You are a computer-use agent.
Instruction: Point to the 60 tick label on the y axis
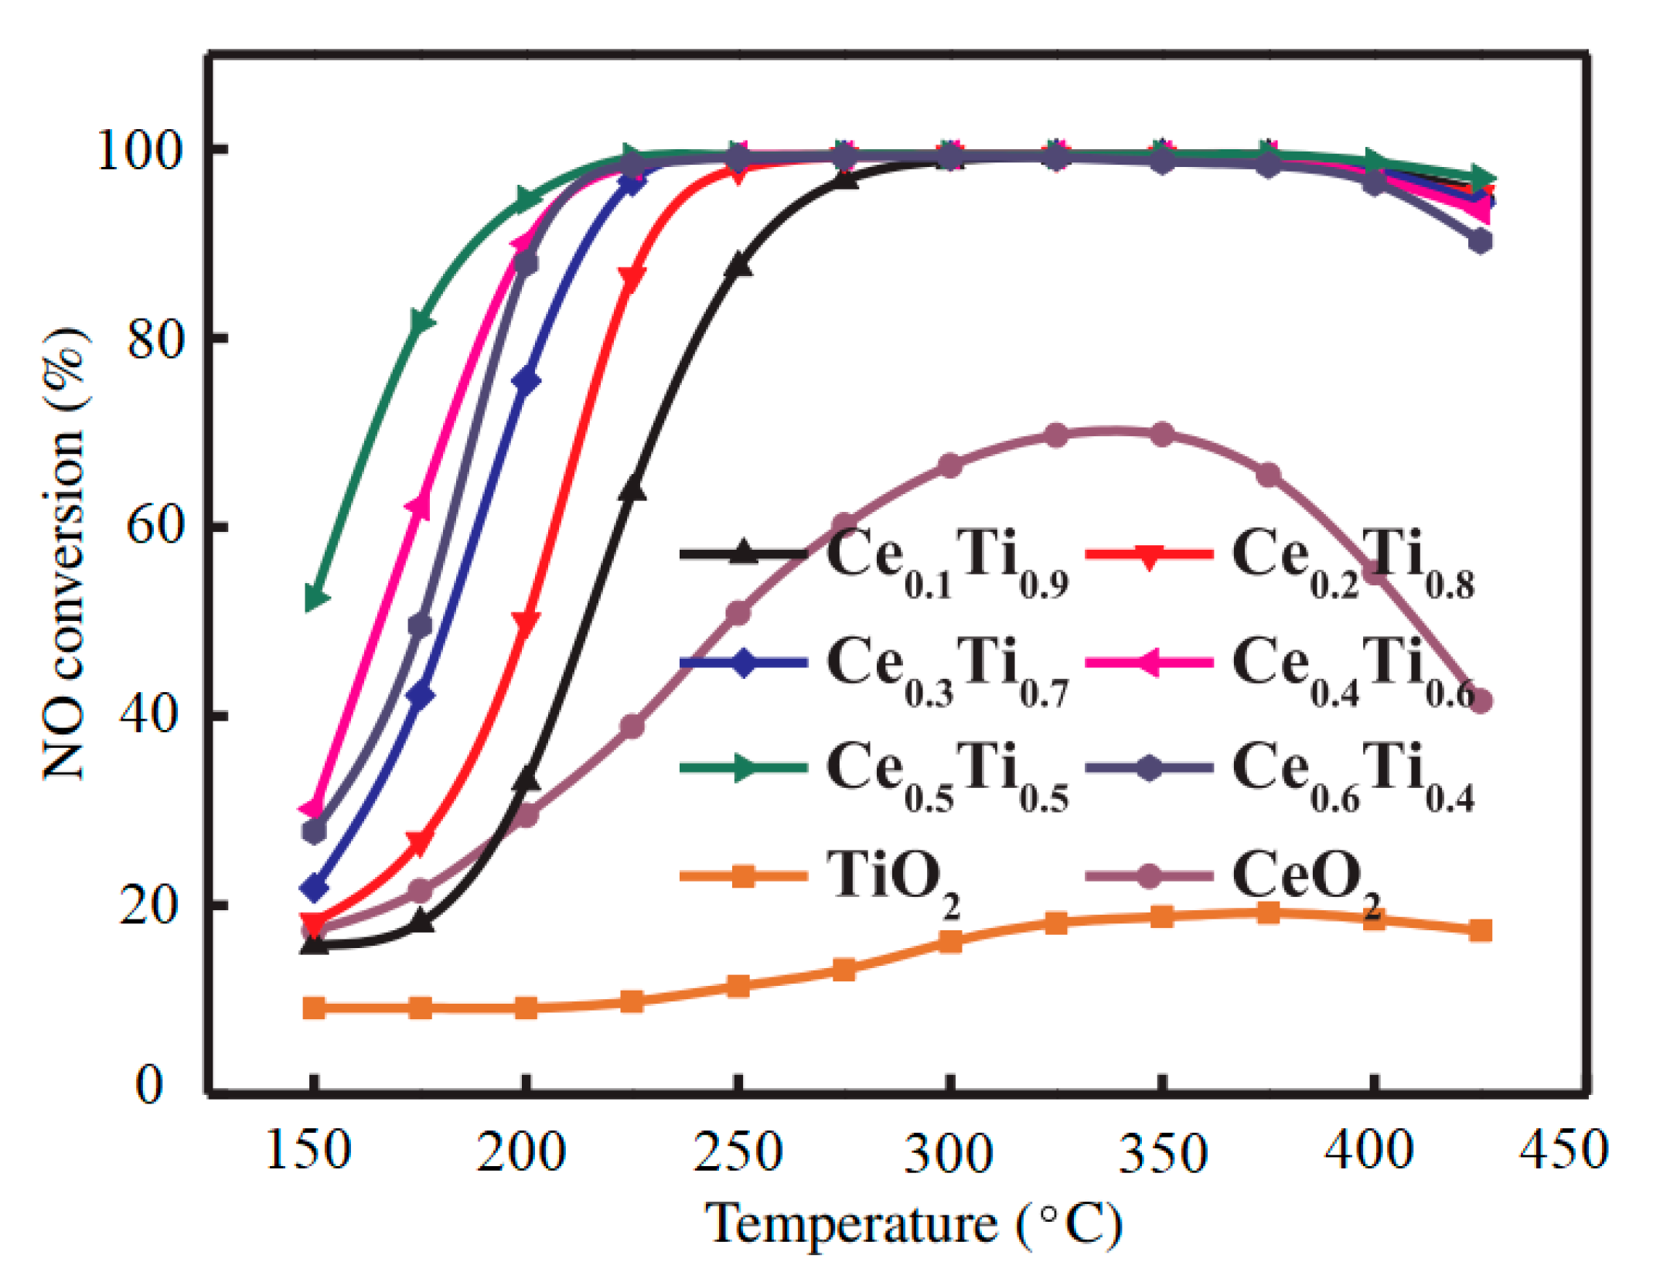[x=155, y=527]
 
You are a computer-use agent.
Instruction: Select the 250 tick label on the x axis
[x=738, y=1151]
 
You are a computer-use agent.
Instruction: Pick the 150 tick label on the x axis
[x=308, y=1150]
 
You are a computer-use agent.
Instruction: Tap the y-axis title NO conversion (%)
[x=65, y=554]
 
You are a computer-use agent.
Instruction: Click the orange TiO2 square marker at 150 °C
[x=314, y=1008]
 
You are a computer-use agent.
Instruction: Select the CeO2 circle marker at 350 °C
[x=1161, y=435]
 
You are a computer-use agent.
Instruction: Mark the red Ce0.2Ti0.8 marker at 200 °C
[x=527, y=622]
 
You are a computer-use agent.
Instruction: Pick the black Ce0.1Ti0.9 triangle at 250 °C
[x=738, y=265]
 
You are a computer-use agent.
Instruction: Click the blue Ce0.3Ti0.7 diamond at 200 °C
[x=527, y=381]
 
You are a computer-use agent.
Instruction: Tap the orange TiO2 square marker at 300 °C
[x=950, y=941]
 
